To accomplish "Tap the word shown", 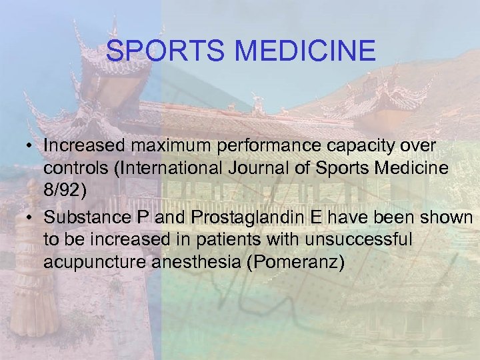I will [448, 218].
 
